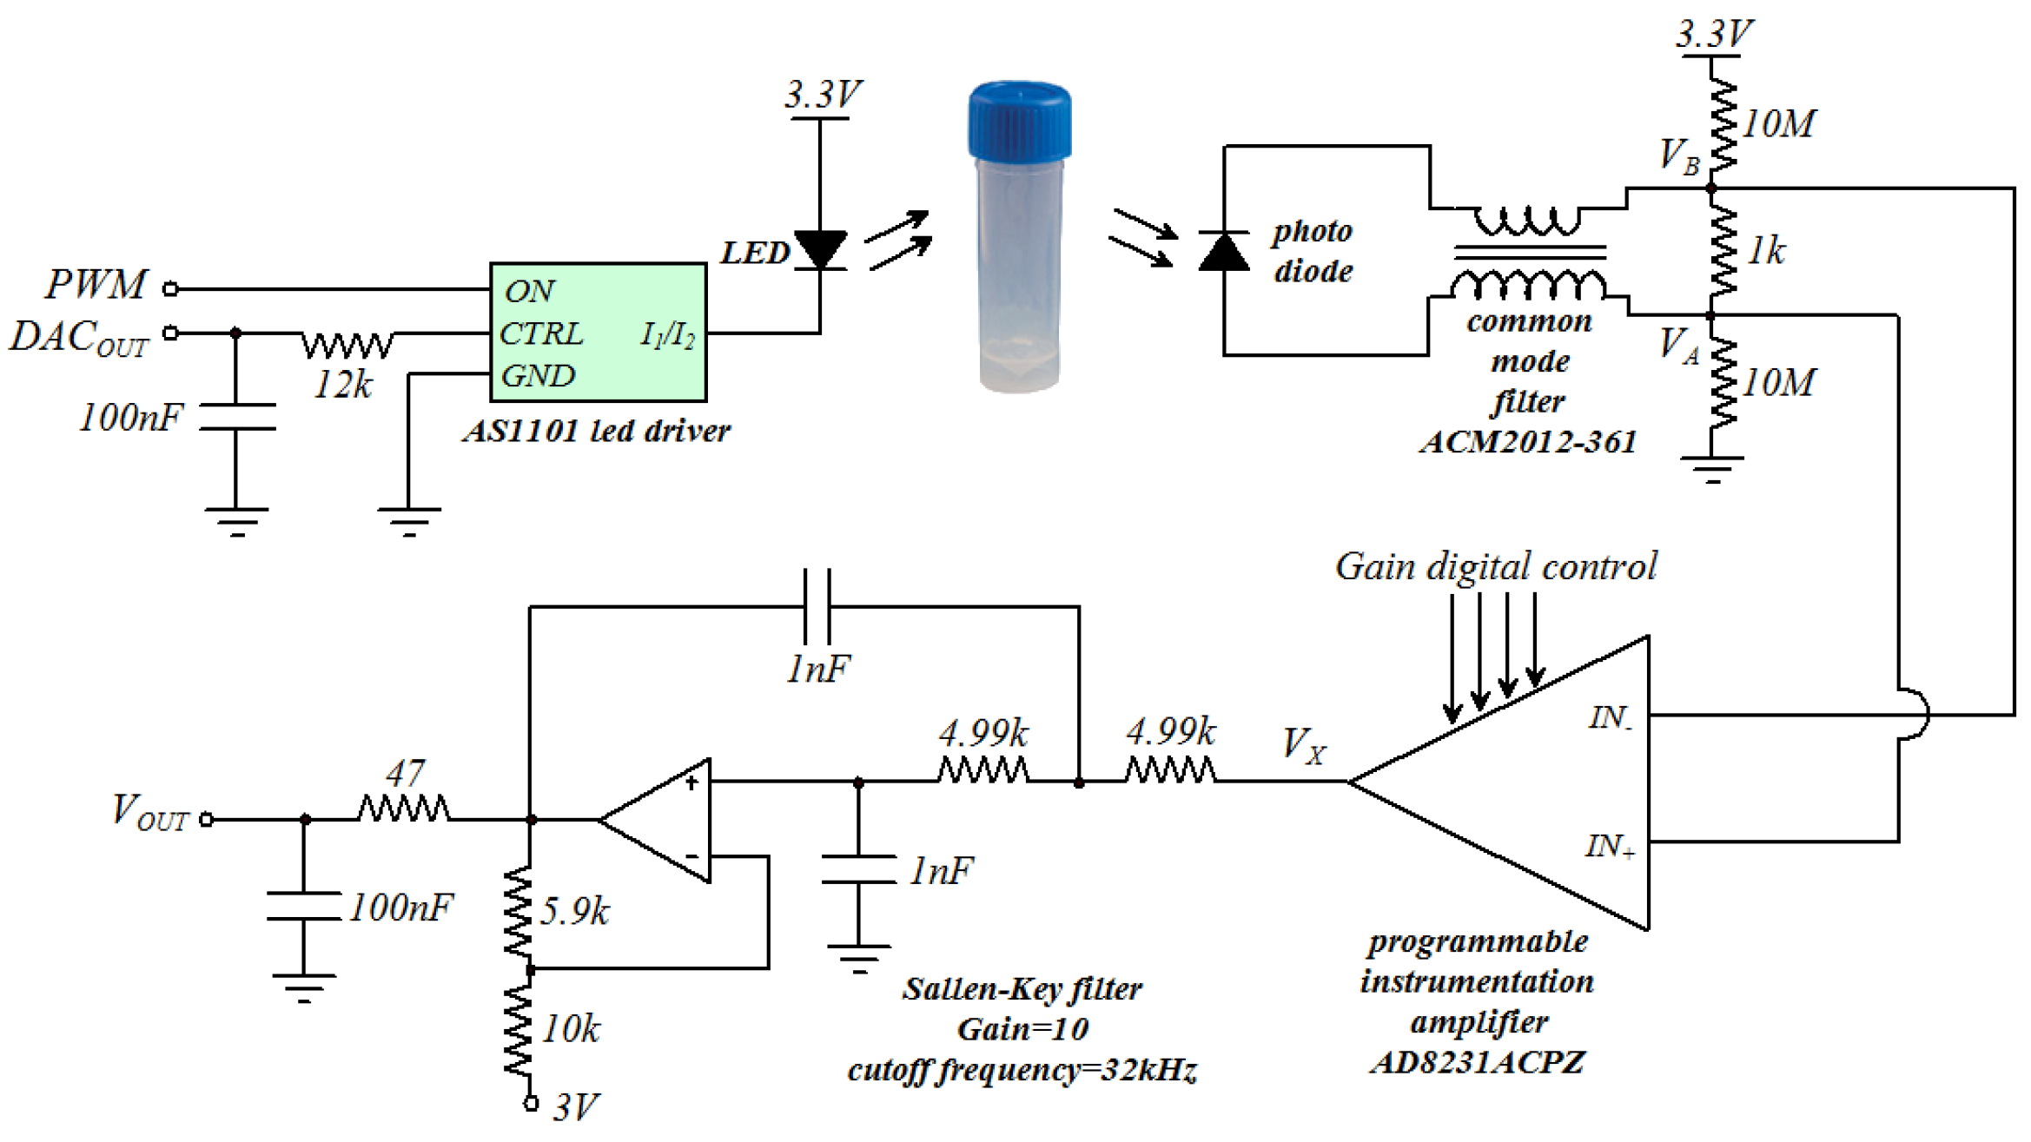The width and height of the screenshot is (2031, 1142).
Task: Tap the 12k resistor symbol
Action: click(347, 345)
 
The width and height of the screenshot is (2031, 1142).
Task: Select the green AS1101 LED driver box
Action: click(598, 333)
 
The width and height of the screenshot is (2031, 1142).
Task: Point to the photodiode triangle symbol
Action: click(1223, 253)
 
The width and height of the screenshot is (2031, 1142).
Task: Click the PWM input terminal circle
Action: click(171, 289)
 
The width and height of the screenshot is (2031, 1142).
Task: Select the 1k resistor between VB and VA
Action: click(1721, 252)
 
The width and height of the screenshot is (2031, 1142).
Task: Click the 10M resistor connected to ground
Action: click(1721, 384)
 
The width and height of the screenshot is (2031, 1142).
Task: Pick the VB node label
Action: click(1677, 156)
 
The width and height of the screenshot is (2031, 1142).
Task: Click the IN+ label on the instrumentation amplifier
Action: click(1609, 846)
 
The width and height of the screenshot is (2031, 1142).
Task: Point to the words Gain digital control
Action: click(1495, 567)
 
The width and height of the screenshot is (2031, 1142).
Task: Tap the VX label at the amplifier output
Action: click(1303, 745)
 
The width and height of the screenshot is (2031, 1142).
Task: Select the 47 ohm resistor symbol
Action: click(404, 809)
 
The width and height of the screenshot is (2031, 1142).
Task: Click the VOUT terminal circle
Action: click(207, 819)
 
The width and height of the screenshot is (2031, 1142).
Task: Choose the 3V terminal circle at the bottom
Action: click(531, 1103)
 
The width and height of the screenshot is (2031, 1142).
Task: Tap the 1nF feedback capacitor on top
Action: click(817, 606)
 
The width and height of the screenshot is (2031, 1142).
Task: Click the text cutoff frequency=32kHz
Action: click(1022, 1070)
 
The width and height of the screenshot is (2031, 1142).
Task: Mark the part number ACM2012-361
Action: click(1528, 442)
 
